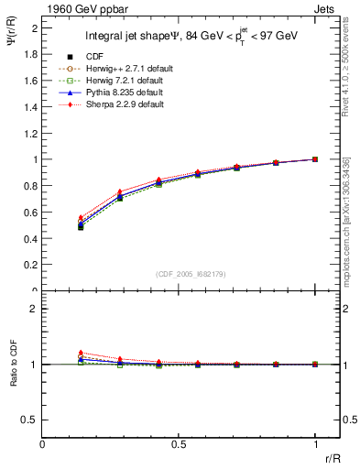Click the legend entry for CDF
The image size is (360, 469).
point(94,56)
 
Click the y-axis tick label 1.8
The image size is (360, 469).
point(30,54)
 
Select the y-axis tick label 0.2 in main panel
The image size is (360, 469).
point(30,266)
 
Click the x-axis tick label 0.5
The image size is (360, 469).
point(179,444)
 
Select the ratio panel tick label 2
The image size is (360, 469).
point(34,309)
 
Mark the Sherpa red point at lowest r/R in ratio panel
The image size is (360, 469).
point(81,352)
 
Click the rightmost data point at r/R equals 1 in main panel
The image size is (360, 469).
point(315,159)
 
